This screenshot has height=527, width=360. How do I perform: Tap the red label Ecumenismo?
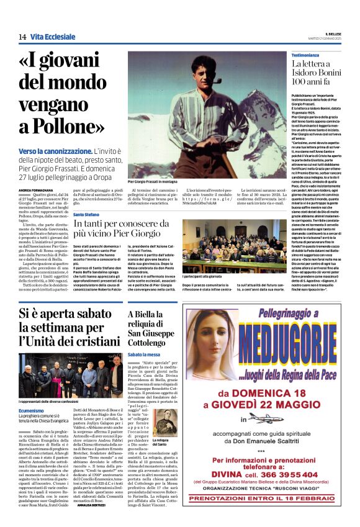point(32,394)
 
